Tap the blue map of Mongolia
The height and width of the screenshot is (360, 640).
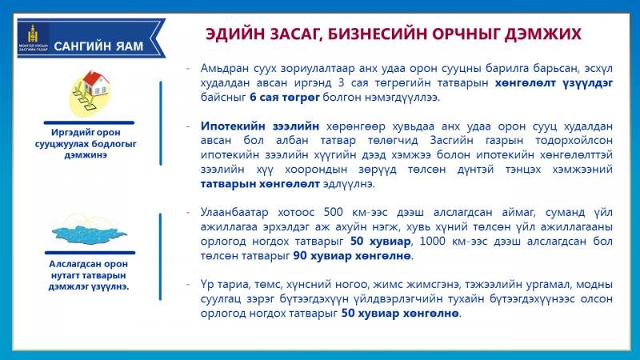pyautogui.click(x=90, y=232)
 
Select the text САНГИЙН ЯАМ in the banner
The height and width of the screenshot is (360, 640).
pyautogui.click(x=98, y=46)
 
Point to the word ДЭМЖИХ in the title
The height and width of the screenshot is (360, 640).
pyautogui.click(x=543, y=34)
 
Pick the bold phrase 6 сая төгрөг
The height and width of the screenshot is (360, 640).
pyautogui.click(x=285, y=98)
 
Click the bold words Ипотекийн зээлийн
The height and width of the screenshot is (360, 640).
pyautogui.click(x=259, y=126)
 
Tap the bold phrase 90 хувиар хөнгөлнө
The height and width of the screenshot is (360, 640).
pyautogui.click(x=352, y=256)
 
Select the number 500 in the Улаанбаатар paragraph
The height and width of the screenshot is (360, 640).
pyautogui.click(x=334, y=212)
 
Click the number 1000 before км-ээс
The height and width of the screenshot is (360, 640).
pyautogui.click(x=433, y=242)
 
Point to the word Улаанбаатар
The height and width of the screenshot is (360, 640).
pyautogui.click(x=234, y=213)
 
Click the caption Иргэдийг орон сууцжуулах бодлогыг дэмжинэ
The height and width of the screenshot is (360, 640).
pyautogui.click(x=86, y=144)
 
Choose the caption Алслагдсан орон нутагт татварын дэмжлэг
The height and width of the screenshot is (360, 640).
pyautogui.click(x=89, y=275)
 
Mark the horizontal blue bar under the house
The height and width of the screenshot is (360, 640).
pyautogui.click(x=89, y=122)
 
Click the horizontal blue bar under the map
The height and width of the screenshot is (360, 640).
pyautogui.click(x=90, y=253)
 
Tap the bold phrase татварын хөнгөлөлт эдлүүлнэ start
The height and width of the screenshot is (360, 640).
pyautogui.click(x=259, y=184)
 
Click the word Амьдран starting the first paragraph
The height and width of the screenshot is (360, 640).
pyautogui.click(x=223, y=68)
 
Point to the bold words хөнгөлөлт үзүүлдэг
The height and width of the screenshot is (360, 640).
pyautogui.click(x=554, y=83)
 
